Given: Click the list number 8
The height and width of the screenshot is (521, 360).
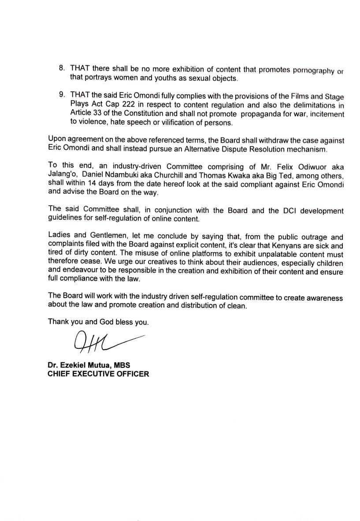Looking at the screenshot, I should pyautogui.click(x=61, y=69).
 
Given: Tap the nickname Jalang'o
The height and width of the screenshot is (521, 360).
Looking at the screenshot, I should pyautogui.click(x=61, y=175).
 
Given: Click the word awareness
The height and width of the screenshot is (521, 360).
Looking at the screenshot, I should pyautogui.click(x=321, y=298).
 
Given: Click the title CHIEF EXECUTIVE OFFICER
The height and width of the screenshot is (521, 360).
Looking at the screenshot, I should pyautogui.click(x=98, y=374).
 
